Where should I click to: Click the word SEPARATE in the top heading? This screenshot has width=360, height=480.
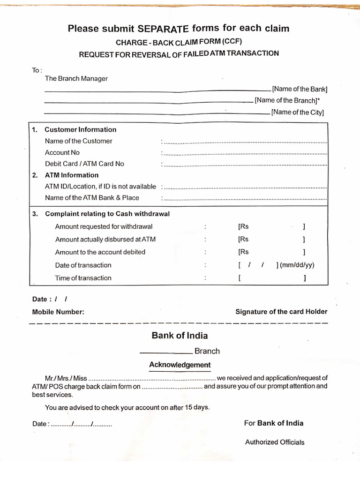point(163,29)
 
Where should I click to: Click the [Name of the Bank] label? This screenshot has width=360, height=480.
point(300,89)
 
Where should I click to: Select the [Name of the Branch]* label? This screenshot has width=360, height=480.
point(287,100)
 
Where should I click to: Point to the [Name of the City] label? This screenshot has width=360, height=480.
point(298,112)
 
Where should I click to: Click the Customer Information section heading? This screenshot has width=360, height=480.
point(80,130)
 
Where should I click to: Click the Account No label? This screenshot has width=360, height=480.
point(62,152)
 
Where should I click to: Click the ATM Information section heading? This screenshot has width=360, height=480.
point(72,175)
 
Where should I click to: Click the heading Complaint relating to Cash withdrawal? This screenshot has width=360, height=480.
point(107,214)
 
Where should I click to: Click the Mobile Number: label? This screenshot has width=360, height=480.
point(58,312)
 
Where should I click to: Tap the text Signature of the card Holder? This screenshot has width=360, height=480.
point(281,312)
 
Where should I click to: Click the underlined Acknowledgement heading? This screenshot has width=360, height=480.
point(180,365)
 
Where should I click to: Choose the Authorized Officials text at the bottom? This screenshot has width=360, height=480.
point(275,442)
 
